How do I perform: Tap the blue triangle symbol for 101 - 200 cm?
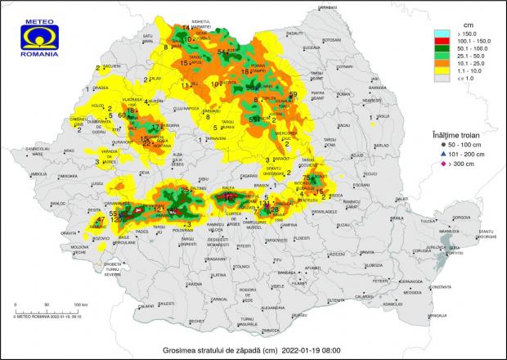435,153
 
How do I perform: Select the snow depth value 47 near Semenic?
101,220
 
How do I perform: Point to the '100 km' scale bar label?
81,304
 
